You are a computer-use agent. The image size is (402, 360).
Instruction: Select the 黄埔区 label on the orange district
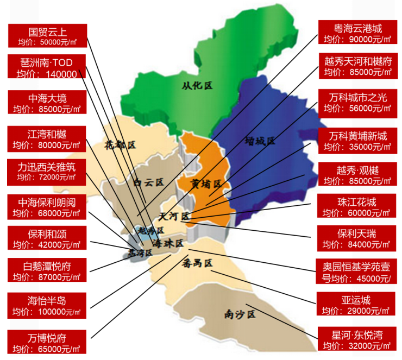(205, 184)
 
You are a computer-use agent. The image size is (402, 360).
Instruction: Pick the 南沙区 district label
(239, 314)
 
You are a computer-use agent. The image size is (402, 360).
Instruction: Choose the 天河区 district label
(173, 217)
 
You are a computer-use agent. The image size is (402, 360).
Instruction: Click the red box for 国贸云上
(48, 35)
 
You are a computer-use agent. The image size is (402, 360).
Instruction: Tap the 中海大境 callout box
(47, 103)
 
